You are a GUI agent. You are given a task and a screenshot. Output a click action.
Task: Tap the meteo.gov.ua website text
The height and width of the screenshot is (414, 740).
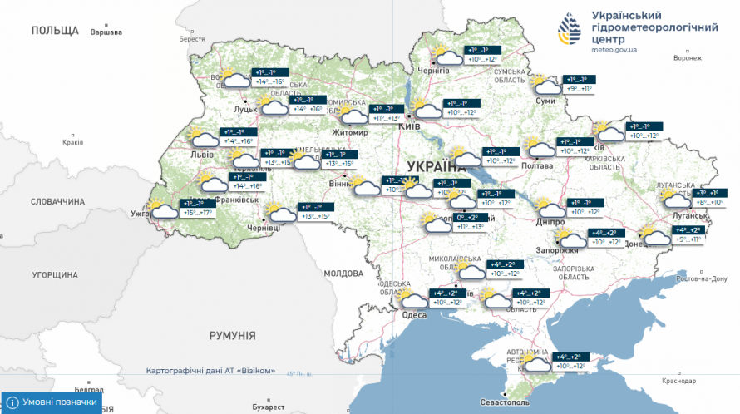click(614, 50)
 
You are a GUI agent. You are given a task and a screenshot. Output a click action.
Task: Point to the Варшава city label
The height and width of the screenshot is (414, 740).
click(106, 32)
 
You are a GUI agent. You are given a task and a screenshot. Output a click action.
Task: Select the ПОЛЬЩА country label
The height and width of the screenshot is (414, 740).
click(55, 30)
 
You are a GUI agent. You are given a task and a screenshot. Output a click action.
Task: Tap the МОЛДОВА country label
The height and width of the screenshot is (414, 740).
click(343, 273)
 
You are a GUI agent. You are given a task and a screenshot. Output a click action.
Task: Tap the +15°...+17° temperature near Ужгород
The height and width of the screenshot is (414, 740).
click(198, 213)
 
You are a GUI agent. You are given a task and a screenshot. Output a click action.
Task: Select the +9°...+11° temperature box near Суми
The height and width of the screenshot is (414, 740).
click(580, 89)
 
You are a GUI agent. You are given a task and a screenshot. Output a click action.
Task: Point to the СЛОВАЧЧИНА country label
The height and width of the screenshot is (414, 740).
click(58, 202)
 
